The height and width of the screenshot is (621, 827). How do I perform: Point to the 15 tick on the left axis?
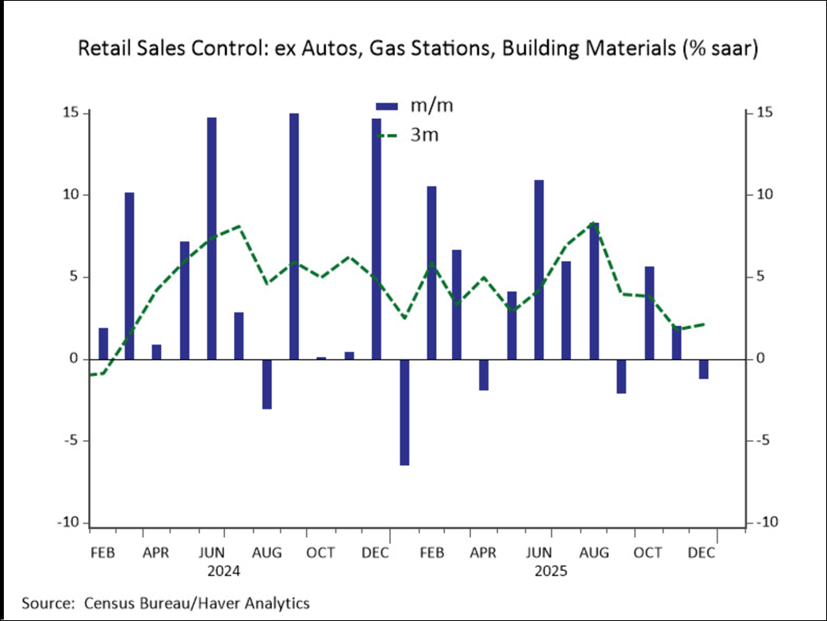point(74,113)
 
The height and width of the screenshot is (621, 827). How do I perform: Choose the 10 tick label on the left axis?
point(74,195)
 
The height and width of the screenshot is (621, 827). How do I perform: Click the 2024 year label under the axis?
point(223,570)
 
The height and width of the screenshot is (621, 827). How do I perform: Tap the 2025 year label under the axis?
point(552,570)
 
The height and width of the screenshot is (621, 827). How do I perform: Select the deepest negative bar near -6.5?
point(404,412)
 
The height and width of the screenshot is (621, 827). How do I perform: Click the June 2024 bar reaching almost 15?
point(212,238)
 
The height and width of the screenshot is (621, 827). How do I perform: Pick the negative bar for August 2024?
point(266,384)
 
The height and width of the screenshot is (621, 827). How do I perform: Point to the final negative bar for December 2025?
point(703,369)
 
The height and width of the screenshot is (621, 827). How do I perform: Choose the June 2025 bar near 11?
point(539,270)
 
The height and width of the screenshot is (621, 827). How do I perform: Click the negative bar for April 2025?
point(484,374)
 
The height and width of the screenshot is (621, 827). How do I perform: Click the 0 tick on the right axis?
point(760,359)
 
